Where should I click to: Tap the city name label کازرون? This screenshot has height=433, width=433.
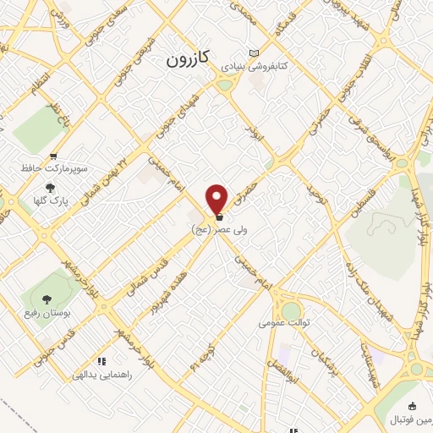185,60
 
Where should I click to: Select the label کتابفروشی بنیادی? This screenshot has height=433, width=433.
255,65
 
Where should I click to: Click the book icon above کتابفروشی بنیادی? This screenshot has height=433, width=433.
255,52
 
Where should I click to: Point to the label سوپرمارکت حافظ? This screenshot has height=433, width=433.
54,168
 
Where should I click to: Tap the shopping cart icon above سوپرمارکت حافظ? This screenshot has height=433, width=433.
54,156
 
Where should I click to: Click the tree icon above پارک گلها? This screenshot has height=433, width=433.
50,188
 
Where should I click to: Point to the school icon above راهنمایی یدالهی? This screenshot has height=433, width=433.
102,361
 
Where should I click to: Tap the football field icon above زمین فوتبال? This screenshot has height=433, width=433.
412,406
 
